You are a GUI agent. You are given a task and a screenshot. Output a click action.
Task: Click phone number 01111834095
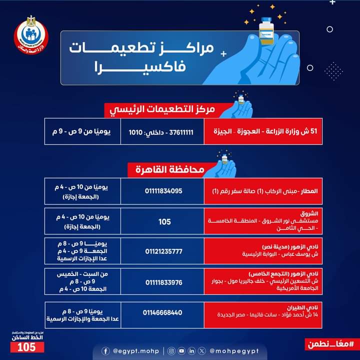coord(164,191)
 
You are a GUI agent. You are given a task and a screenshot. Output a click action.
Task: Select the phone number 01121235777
coord(164,251)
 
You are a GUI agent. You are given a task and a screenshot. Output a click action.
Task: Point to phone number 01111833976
coord(164,282)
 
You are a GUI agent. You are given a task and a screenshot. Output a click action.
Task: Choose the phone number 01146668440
coord(164,313)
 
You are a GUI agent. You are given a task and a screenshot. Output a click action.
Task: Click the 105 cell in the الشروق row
coord(164,221)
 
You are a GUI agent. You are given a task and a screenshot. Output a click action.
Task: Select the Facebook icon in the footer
coord(105,351)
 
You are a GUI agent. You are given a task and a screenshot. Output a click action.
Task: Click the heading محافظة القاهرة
coord(169,169)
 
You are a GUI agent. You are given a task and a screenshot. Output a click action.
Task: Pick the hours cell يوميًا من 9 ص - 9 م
coord(81,132)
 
